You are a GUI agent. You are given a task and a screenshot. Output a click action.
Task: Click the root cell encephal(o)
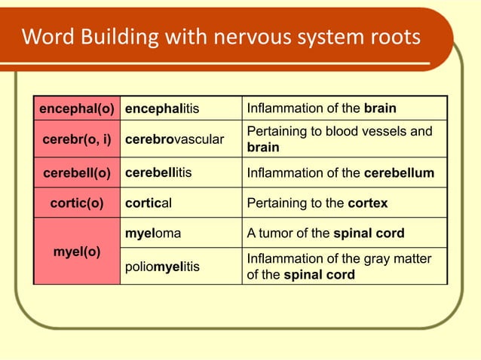[x=77, y=108]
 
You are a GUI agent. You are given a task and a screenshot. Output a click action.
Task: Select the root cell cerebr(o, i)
[x=77, y=140]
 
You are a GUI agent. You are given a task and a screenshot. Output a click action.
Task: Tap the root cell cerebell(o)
[x=77, y=172]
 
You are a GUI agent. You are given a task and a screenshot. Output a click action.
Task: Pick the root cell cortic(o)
[x=77, y=203]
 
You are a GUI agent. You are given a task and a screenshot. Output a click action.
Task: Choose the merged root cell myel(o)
[x=77, y=251]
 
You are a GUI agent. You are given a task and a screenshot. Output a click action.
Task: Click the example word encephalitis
[x=161, y=108]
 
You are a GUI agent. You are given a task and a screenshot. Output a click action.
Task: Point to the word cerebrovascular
[x=174, y=140]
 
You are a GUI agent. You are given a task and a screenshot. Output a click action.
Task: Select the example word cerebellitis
[x=158, y=172]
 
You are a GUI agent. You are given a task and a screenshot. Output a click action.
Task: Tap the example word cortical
[x=149, y=203]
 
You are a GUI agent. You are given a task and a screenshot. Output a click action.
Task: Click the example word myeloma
[x=153, y=233]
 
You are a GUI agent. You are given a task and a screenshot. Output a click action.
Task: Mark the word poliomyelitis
[x=162, y=267]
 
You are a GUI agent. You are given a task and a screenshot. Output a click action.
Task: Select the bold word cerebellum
[x=399, y=172]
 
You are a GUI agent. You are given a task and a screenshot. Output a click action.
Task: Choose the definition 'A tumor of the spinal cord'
[x=326, y=233]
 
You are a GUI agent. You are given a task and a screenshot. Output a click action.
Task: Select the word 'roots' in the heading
[x=394, y=37]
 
